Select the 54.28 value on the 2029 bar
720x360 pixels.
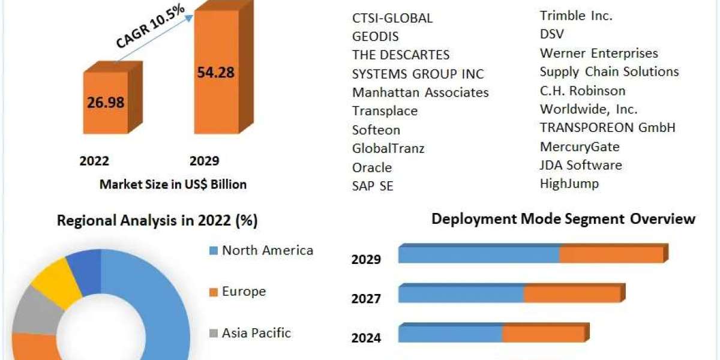click(215, 73)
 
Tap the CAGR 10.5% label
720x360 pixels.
click(149, 31)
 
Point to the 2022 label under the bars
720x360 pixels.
click(94, 161)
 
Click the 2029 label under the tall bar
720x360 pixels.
click(204, 161)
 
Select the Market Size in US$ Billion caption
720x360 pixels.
click(173, 184)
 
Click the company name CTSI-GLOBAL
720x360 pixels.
click(392, 18)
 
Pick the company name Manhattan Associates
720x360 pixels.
click(420, 92)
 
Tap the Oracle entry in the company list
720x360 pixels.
click(372, 167)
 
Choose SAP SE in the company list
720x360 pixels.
click(373, 186)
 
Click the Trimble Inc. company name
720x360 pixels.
click(576, 16)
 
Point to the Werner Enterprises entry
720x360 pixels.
click(599, 53)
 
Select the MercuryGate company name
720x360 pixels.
click(580, 146)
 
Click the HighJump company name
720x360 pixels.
click(569, 184)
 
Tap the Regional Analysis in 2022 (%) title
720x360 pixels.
click(157, 221)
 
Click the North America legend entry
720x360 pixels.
click(267, 250)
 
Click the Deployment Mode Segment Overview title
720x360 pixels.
click(563, 219)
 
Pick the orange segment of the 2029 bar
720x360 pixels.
click(611, 254)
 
